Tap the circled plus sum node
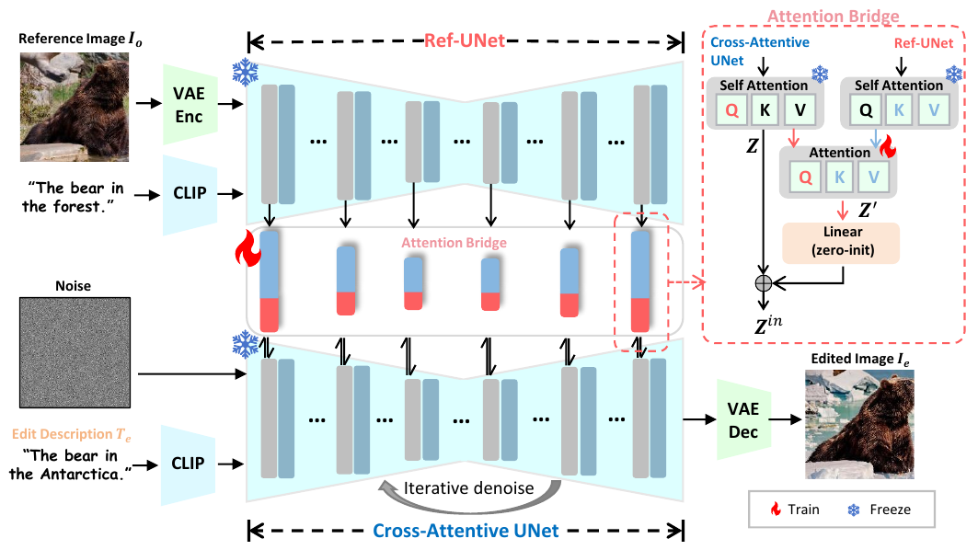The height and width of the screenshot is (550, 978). coord(763,282)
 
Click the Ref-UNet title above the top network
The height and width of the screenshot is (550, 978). coord(466,41)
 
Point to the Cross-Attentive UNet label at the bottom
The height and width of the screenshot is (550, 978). coord(466,531)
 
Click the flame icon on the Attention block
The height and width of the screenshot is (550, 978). coord(887,146)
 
